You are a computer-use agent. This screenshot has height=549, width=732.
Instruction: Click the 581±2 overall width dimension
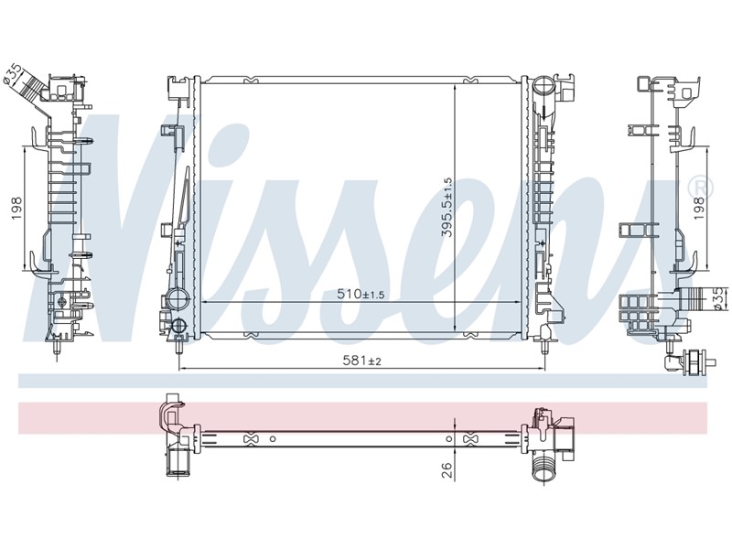[x=362, y=361]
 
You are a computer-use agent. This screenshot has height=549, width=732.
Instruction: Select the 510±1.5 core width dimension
[x=361, y=294]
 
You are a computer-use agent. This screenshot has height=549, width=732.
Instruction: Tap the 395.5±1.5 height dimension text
[x=447, y=208]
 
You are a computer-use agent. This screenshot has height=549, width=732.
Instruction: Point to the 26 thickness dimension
[x=447, y=470]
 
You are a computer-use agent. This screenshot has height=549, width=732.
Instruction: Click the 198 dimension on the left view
[x=17, y=209]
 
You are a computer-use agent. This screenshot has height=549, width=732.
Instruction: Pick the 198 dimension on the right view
[x=698, y=209]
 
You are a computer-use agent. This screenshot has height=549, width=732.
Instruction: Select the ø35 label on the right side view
[x=719, y=298]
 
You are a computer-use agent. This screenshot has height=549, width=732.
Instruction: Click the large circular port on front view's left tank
[x=178, y=299]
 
